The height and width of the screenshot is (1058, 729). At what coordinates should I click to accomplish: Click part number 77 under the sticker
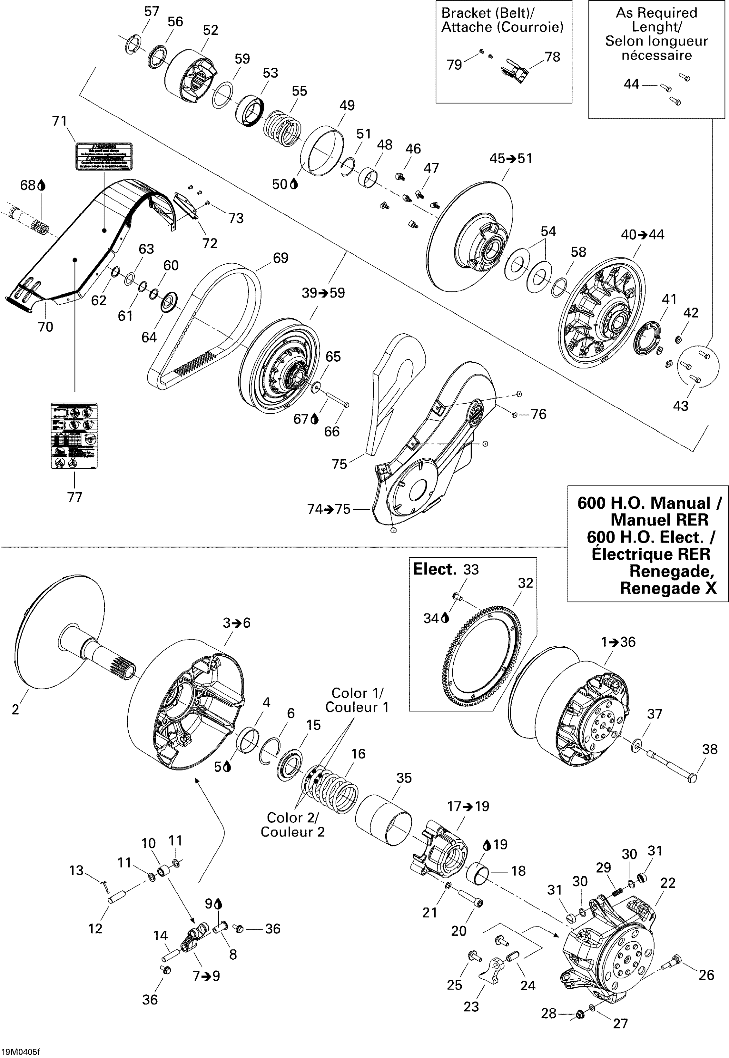pyautogui.click(x=74, y=497)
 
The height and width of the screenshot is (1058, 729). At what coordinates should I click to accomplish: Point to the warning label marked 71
pyautogui.click(x=104, y=156)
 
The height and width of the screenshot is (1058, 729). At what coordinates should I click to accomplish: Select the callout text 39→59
pyautogui.click(x=323, y=293)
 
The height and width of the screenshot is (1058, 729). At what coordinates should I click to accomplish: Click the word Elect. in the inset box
pyautogui.click(x=434, y=569)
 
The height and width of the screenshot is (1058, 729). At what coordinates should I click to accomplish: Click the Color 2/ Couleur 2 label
pyautogui.click(x=292, y=825)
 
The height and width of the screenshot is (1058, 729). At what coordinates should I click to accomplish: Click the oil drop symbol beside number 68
pyautogui.click(x=42, y=186)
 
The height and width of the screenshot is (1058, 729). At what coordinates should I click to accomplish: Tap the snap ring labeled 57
pyautogui.click(x=132, y=45)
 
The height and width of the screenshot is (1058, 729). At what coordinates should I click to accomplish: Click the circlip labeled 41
pyautogui.click(x=647, y=338)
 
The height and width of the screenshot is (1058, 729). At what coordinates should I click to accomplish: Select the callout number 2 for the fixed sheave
pyautogui.click(x=16, y=710)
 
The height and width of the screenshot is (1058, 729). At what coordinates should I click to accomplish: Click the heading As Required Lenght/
pyautogui.click(x=656, y=20)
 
